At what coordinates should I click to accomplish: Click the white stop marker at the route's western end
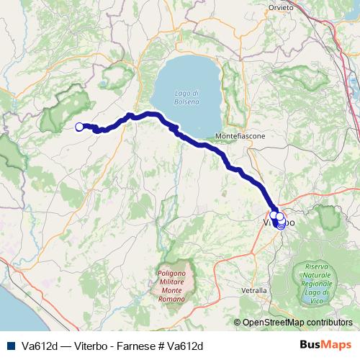pos(79,127)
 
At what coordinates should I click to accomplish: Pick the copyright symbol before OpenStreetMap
pos(238,323)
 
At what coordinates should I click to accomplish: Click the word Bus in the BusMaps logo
pos(315,345)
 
